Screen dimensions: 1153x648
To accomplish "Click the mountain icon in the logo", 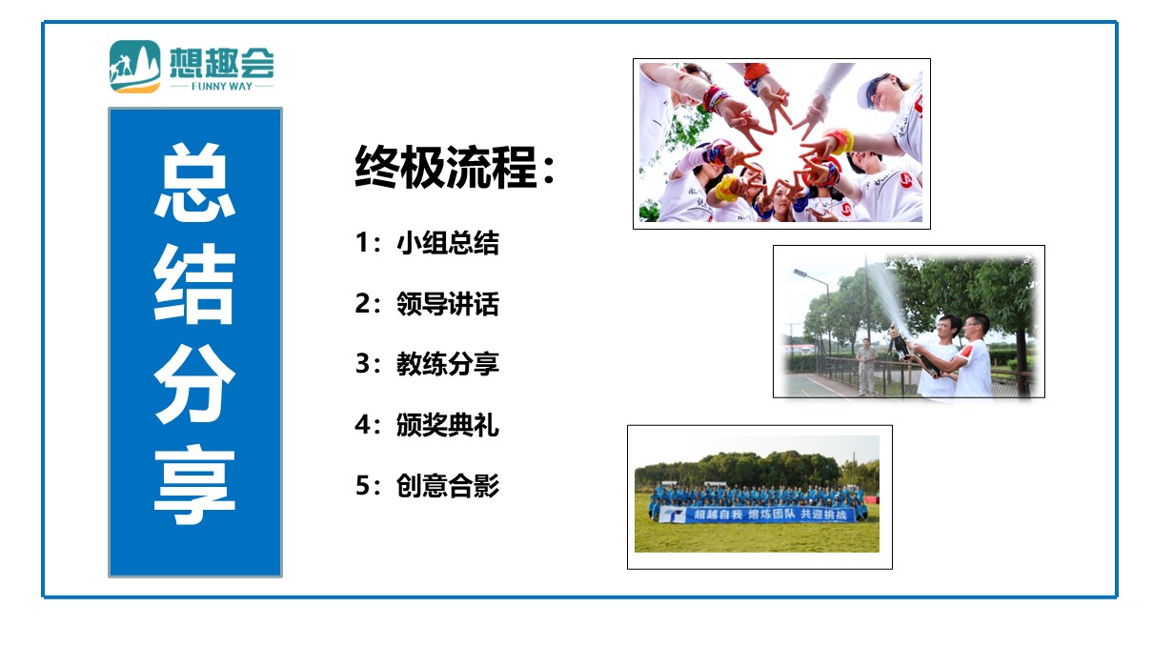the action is [x=135, y=67].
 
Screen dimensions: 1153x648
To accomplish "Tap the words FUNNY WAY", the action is [x=222, y=87].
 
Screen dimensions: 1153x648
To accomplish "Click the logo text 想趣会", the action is [x=222, y=63].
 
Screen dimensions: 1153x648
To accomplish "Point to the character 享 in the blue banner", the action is [x=195, y=485].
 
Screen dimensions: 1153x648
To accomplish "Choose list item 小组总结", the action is [x=448, y=243].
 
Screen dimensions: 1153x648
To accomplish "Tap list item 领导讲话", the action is [x=448, y=304].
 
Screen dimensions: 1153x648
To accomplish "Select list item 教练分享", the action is [x=448, y=364].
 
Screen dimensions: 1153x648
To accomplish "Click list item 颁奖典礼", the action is [x=448, y=425].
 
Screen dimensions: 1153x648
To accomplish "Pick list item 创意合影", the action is [x=448, y=485].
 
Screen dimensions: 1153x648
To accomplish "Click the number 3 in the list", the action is [x=362, y=363].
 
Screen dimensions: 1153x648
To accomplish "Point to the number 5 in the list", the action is [x=362, y=485].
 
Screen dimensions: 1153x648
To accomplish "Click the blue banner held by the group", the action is [x=757, y=515].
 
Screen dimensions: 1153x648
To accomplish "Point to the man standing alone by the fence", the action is [x=866, y=367].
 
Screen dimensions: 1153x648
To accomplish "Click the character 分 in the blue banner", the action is [x=195, y=384].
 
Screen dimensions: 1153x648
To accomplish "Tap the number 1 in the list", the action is [x=362, y=242].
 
